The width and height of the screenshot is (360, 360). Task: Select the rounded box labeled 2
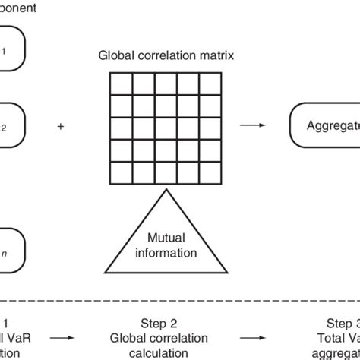(x=11, y=127)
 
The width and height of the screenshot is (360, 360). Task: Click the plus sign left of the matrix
(x=61, y=127)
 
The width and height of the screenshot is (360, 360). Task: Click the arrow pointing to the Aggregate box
(x=251, y=127)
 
